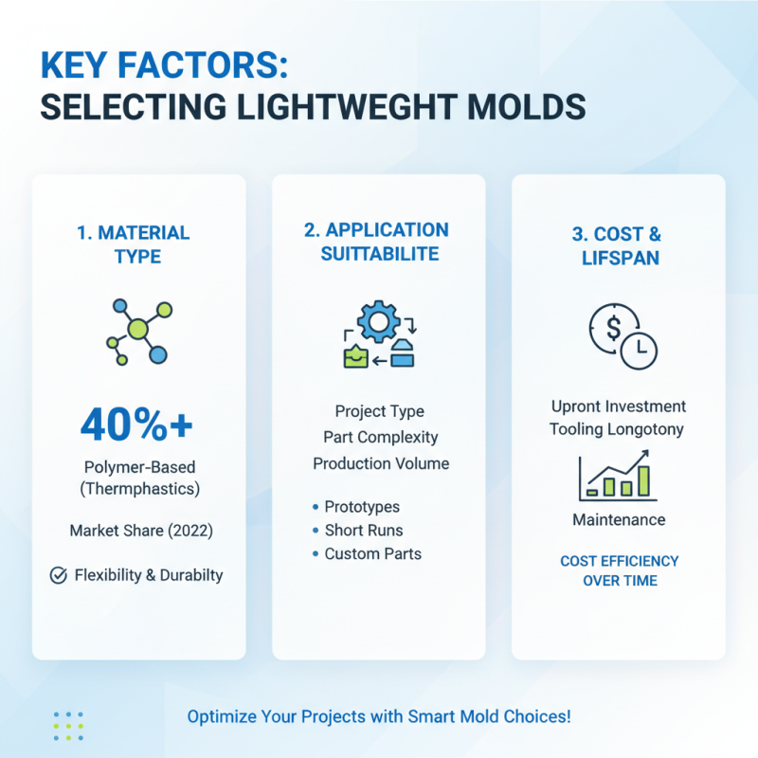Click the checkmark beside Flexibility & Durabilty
[x=58, y=575]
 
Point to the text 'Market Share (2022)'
[x=141, y=531]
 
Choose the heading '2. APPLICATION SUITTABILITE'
[x=378, y=242]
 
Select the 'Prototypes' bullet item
[x=362, y=507]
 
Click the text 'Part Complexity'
[x=380, y=438]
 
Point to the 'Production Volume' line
[x=380, y=463]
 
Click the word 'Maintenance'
[x=619, y=519]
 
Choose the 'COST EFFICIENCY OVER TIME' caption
[x=619, y=570]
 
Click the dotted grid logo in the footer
[x=68, y=726]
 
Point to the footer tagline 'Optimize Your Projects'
[x=379, y=716]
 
